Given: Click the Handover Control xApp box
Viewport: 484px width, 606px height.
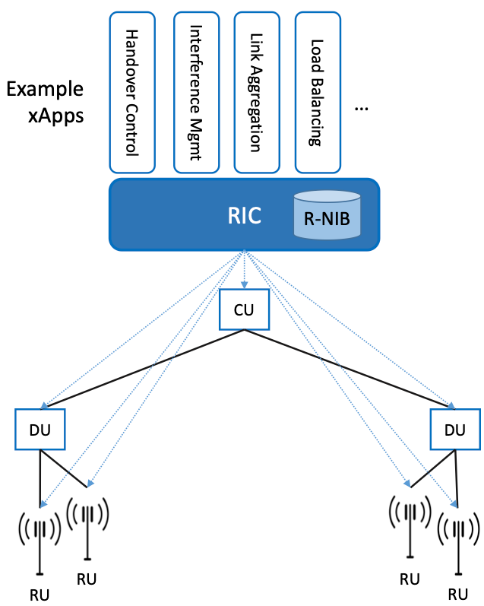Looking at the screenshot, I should coord(132,91).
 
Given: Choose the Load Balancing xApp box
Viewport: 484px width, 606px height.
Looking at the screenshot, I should coord(318,91).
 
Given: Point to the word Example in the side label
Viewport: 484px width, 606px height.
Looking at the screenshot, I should coord(45,89).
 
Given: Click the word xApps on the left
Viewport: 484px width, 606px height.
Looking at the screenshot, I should coord(57,116).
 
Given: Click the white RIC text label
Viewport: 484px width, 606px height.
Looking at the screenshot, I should coord(245,215).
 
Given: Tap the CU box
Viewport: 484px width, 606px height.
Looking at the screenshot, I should coord(243,309).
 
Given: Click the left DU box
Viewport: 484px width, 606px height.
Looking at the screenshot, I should coord(40,430).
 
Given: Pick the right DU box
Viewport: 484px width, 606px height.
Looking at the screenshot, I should coord(454,430).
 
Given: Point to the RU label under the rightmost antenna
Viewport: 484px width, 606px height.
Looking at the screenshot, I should coord(458,594).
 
